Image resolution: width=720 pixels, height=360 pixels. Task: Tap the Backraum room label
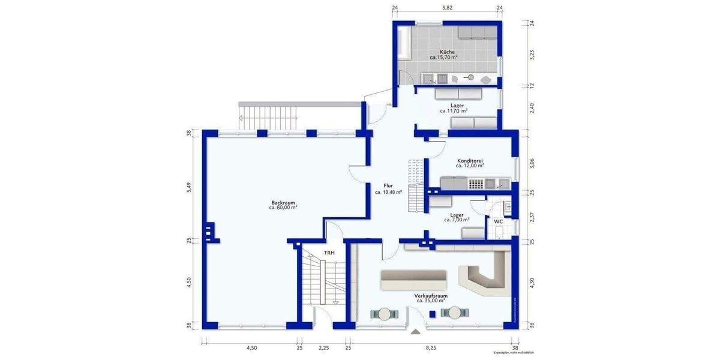point(283,203)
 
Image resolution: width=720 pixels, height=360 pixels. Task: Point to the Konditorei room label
point(470,161)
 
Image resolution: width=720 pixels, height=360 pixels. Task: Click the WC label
point(498,222)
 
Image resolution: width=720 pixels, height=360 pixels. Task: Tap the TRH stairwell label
point(329,253)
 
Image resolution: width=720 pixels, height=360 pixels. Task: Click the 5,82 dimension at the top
point(447,7)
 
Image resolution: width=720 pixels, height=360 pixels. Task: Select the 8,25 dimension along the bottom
point(431,347)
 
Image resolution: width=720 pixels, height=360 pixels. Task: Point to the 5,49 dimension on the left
point(189,187)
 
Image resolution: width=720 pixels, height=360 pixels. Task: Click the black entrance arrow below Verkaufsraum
point(415,331)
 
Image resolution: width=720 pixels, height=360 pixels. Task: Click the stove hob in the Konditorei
point(476,184)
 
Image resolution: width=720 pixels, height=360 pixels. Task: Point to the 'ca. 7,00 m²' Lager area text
point(457,220)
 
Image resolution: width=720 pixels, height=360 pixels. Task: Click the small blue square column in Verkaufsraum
point(432,313)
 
